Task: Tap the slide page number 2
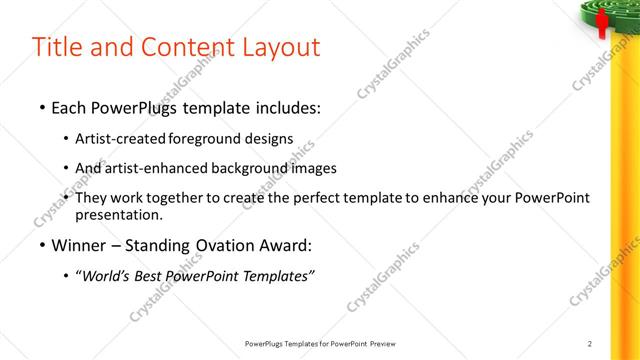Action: (591, 343)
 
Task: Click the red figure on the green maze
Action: (602, 23)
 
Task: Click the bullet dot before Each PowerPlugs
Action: (40, 105)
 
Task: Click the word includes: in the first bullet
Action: (289, 105)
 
